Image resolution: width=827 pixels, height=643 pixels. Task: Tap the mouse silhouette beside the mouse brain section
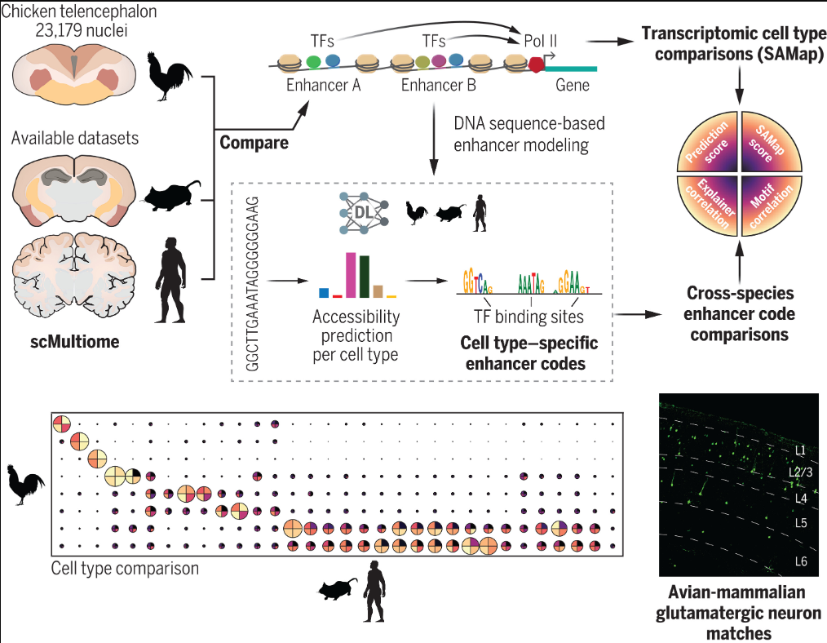172,194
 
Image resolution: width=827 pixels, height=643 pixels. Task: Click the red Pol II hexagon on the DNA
537,66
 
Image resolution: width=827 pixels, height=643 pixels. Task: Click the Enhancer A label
324,84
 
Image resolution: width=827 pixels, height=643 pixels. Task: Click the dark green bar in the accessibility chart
365,277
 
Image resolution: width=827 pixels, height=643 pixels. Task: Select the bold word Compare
254,144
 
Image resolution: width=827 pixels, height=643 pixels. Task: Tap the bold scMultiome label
69,342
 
